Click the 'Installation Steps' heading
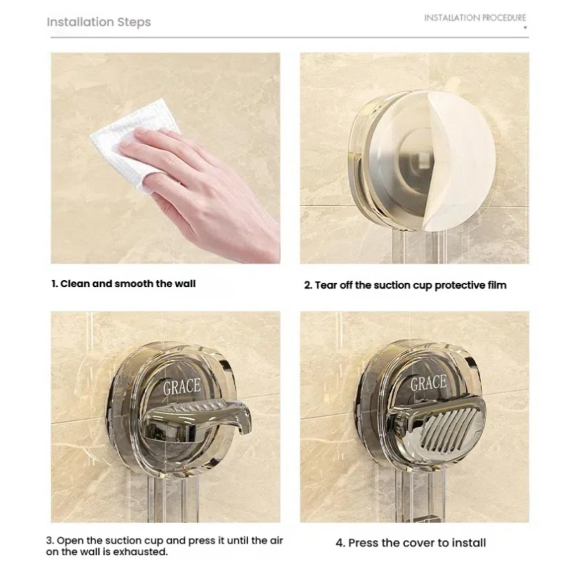pos(99,22)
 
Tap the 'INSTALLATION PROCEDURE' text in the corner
pos(475,18)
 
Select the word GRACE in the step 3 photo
pos(182,387)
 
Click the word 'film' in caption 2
pos(497,285)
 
